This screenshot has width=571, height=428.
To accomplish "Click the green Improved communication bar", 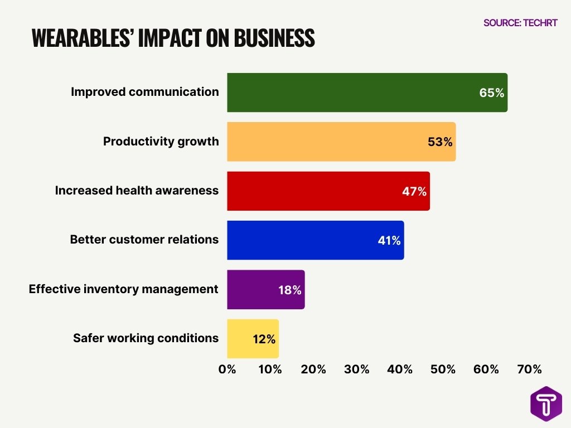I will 367,93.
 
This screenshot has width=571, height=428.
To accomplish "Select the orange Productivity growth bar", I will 341,142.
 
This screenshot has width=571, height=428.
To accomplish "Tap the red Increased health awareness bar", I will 328,191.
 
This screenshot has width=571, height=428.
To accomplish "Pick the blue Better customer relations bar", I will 315,240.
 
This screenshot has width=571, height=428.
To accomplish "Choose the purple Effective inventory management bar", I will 265,290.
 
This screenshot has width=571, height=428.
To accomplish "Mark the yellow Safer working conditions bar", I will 253,339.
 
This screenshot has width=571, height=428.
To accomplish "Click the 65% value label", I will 491,93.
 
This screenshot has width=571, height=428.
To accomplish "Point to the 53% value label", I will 440,142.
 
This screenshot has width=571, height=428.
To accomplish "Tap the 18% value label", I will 289,290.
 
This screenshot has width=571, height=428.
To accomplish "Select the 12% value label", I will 263,339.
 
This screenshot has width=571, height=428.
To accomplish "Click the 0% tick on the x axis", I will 227,369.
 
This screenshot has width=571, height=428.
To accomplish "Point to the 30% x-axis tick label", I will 356,369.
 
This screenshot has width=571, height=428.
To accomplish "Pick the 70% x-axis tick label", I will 529,369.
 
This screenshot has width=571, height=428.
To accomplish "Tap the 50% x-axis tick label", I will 443,369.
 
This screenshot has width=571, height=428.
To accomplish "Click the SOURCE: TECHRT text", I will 520,23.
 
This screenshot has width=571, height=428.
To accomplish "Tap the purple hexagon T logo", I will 546,403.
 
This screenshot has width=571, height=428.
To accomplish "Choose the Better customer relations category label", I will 144,240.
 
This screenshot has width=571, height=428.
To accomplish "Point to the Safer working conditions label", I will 146,338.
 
